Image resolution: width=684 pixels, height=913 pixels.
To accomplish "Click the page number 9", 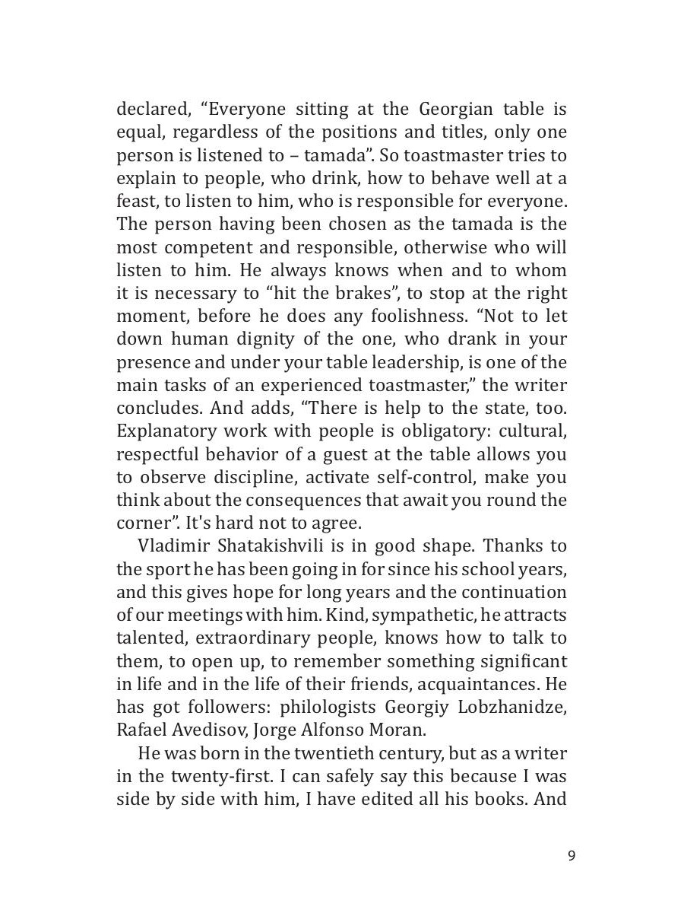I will point(572,856).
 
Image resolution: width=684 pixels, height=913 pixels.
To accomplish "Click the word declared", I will point(149,110).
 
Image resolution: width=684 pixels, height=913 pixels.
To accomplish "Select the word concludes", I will point(159,408).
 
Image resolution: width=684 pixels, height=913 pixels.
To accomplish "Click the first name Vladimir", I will point(172,546).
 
